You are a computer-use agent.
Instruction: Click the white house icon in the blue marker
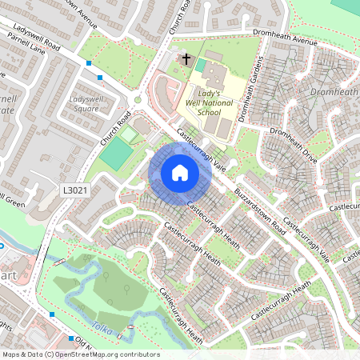click(180, 173)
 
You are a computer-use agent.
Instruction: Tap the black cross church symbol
click(186, 58)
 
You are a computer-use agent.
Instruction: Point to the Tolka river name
click(103, 327)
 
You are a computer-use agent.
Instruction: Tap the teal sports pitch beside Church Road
click(117, 152)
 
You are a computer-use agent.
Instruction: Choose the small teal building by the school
click(200, 65)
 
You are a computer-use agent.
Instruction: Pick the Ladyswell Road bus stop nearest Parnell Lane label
click(88, 62)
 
